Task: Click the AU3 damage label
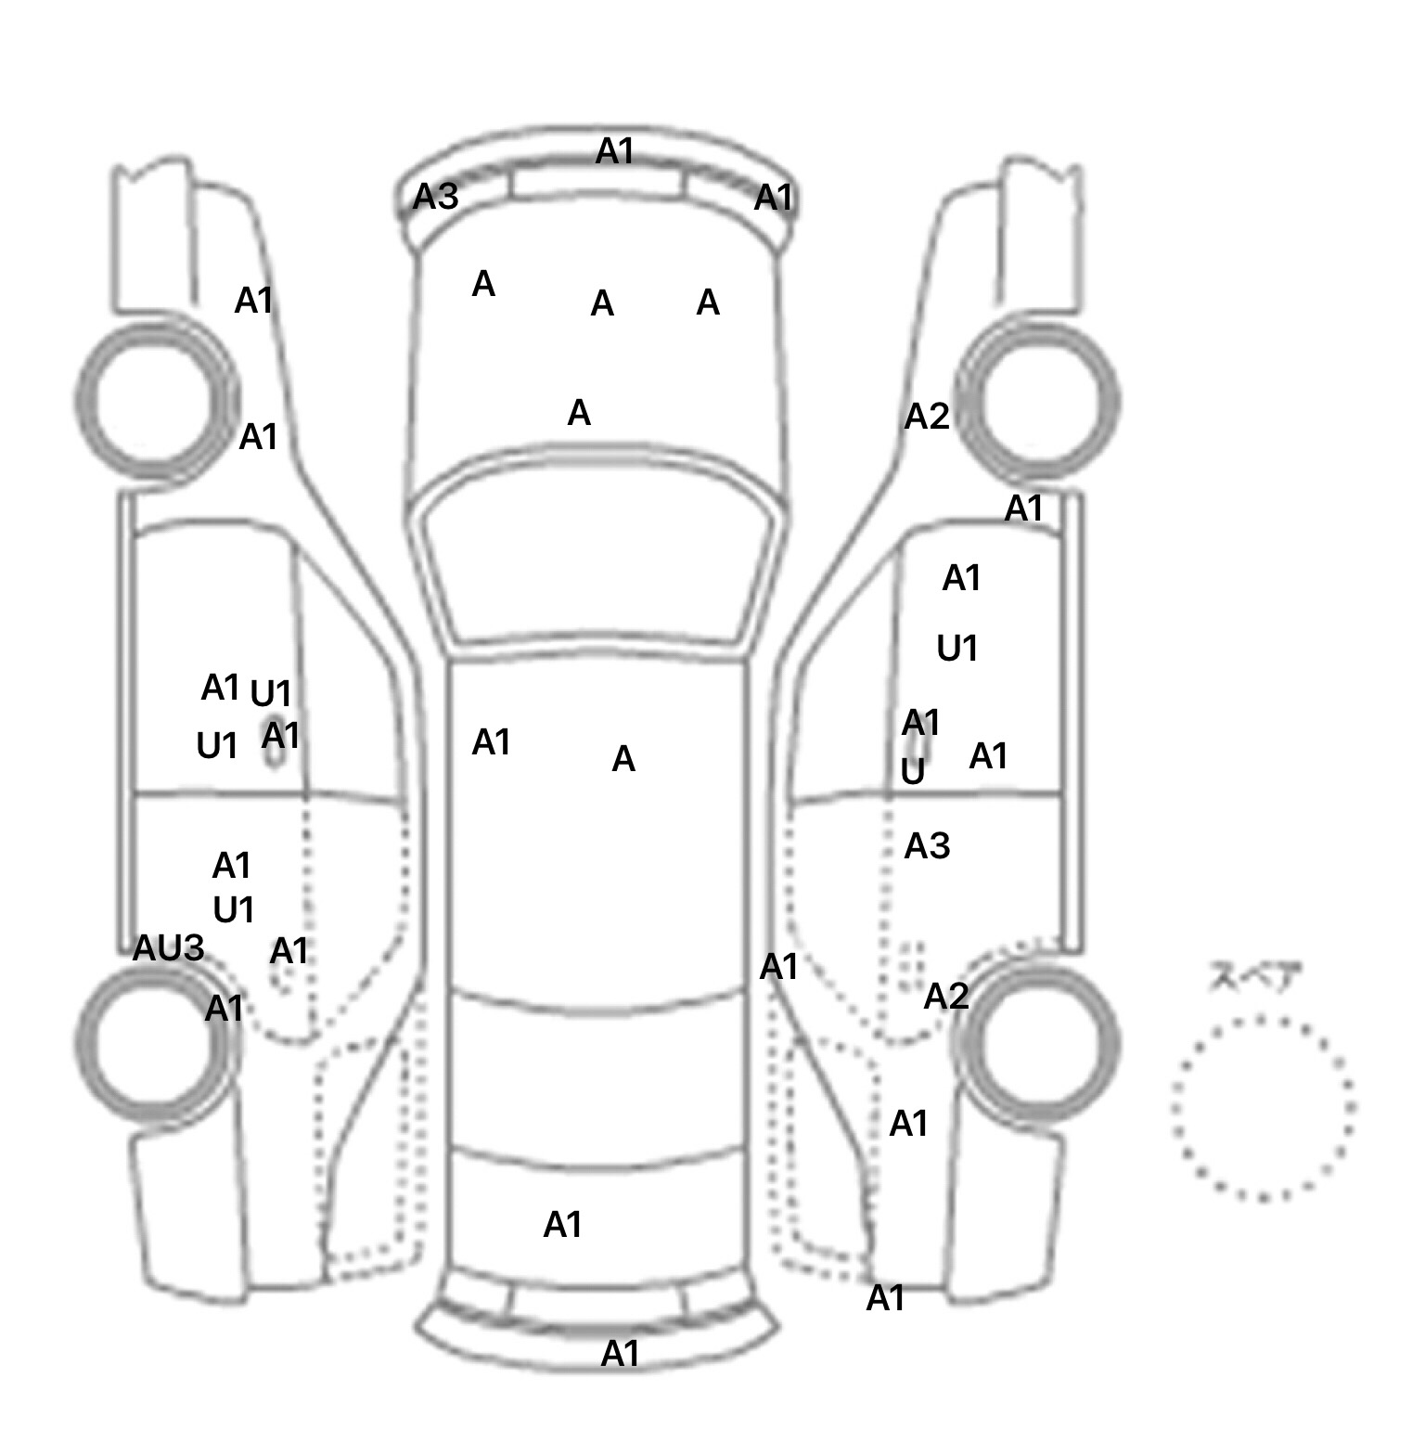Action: [168, 948]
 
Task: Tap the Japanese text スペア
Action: [1253, 977]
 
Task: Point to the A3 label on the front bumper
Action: [435, 197]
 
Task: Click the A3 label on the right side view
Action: [927, 846]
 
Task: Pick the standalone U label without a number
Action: [913, 771]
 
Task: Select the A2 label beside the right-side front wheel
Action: [927, 417]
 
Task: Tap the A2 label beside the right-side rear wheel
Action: [946, 997]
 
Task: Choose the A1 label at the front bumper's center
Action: [614, 151]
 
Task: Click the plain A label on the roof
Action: [623, 760]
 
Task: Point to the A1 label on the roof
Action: [491, 742]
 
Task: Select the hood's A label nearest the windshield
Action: [579, 413]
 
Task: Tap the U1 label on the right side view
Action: [957, 649]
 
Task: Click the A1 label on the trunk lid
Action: [562, 1225]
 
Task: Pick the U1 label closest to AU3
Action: [234, 910]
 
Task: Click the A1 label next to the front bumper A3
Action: [774, 198]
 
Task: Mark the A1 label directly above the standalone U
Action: [921, 722]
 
